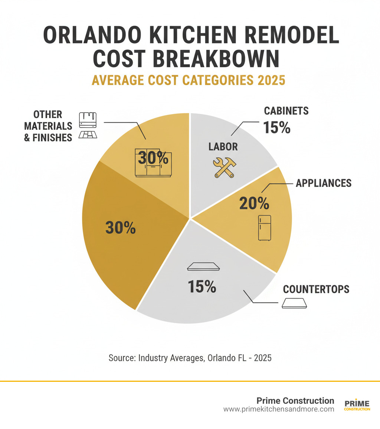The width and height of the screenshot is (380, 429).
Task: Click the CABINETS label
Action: (x=286, y=111)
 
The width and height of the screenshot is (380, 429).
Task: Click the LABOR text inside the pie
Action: (x=223, y=146)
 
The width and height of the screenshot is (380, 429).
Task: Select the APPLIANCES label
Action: (x=323, y=183)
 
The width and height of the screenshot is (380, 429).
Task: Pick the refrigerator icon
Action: (x=265, y=228)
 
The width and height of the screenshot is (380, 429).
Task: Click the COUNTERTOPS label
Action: (x=316, y=289)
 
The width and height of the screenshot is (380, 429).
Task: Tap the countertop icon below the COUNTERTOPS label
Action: (x=294, y=303)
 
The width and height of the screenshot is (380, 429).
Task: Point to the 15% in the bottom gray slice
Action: (x=202, y=286)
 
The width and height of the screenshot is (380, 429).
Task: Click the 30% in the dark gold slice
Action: (x=121, y=228)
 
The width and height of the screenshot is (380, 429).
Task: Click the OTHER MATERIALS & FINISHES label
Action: (x=48, y=126)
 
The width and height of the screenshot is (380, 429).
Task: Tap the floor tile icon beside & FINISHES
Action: (x=88, y=135)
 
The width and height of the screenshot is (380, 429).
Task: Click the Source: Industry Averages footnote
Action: (x=190, y=358)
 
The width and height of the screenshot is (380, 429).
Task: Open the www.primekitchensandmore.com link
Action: (x=278, y=409)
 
